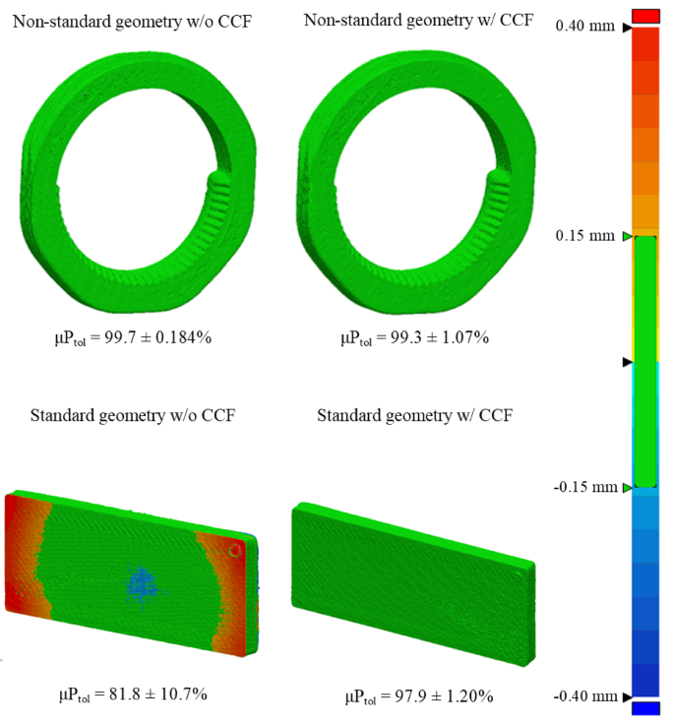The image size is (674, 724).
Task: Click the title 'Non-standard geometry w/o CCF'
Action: click(132, 22)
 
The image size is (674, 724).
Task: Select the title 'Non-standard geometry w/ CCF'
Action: click(418, 21)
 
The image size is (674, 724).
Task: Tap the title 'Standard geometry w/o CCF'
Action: click(133, 415)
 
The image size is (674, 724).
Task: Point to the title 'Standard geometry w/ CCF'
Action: click(415, 415)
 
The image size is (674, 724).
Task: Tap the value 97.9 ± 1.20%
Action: click(444, 695)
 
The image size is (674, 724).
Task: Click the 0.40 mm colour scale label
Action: click(584, 26)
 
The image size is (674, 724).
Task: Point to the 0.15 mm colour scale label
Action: click(584, 236)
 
